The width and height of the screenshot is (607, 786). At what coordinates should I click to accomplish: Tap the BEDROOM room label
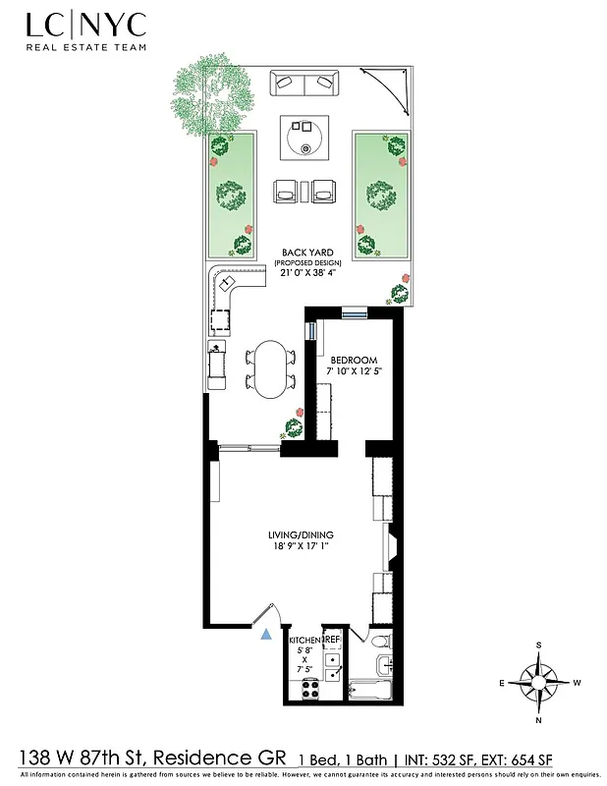[353, 361]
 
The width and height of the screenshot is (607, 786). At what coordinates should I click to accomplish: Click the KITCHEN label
[304, 640]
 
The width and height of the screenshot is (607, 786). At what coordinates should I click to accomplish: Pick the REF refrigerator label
[332, 640]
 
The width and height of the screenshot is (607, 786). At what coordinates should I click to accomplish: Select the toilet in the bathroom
[382, 642]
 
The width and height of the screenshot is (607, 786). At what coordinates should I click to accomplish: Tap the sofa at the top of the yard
[303, 86]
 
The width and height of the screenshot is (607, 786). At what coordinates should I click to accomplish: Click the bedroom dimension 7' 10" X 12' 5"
[353, 372]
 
